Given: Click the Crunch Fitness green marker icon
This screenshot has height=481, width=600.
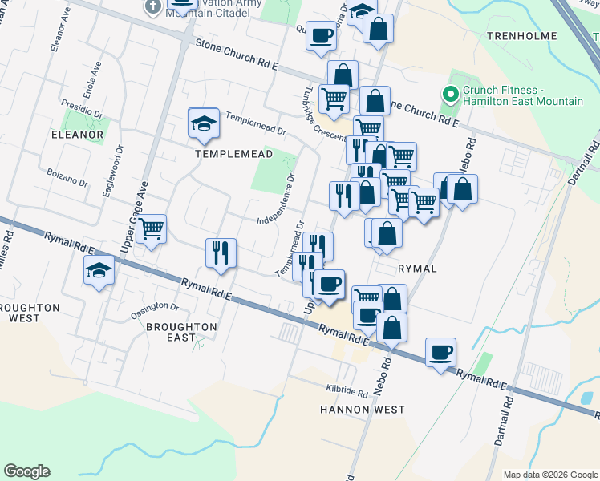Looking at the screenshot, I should tap(451, 95).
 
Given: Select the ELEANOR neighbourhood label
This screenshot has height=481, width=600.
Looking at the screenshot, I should tap(77, 135).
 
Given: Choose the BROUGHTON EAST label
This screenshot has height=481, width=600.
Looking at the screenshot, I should tap(181, 332).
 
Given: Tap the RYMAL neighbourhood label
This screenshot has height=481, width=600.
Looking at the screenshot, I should tap(417, 269).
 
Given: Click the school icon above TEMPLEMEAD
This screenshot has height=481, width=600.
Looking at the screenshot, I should tap(203, 123).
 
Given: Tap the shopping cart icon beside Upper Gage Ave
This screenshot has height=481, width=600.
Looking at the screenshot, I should tap(151, 229).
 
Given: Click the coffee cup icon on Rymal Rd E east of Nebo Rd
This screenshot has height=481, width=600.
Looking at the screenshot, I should tap(440, 351).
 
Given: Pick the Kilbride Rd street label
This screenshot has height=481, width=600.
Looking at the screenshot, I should tap(347, 390).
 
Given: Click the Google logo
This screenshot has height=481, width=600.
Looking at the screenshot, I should tap(26, 471).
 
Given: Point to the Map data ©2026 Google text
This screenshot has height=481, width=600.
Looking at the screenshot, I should tap(549, 475).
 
